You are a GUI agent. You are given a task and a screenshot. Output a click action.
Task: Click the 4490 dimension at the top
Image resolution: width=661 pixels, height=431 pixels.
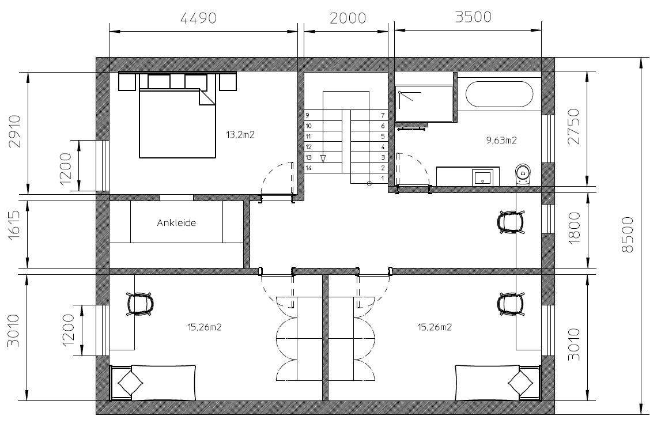[x=198, y=18]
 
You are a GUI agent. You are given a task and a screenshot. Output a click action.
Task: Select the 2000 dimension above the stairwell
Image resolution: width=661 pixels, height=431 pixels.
[x=348, y=18]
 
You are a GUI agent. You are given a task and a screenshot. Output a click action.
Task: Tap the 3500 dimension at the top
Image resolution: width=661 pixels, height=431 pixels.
[x=473, y=17]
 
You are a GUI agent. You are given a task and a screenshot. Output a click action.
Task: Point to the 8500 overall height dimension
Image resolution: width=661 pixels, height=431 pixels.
[x=628, y=235]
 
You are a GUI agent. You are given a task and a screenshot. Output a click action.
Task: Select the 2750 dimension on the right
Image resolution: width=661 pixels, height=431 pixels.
[x=574, y=127]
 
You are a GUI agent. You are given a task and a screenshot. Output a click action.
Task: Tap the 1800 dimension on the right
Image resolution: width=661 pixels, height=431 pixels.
[x=575, y=228]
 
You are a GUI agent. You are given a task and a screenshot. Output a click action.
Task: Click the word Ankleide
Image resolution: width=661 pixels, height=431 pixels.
[x=177, y=223]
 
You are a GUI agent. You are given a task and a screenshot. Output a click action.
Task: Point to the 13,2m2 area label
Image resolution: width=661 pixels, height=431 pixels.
[x=240, y=135]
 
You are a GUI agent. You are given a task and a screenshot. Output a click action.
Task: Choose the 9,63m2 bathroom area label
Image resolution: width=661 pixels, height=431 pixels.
[x=501, y=140]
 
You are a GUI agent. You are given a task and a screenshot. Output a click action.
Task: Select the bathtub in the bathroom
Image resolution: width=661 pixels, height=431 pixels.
[x=499, y=94]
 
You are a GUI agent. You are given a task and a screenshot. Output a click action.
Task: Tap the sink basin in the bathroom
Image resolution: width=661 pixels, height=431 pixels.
[x=483, y=177]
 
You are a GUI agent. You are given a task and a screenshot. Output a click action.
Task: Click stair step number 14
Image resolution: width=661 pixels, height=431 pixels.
[x=308, y=168]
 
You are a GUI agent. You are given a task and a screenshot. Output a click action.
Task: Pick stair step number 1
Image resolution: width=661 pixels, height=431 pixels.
[x=383, y=179]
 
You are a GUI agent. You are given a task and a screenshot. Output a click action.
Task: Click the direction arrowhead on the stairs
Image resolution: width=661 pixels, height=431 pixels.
[x=323, y=158]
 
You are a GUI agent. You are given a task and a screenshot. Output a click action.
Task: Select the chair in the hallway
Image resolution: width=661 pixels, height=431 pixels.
[x=511, y=222]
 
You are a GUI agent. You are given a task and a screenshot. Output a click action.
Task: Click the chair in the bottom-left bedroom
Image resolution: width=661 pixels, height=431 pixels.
[x=140, y=304]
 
